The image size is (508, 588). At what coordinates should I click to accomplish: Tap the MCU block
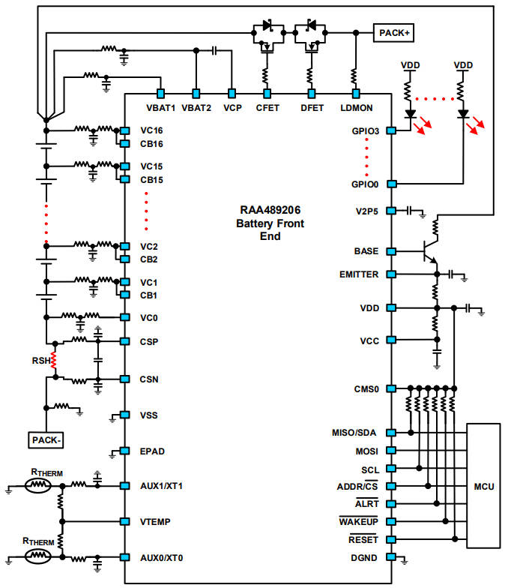[x=483, y=485]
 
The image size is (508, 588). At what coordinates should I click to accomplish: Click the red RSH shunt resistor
[x=54, y=361]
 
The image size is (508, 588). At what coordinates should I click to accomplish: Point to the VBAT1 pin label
[x=160, y=107]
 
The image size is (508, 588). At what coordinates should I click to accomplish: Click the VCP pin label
[x=232, y=107]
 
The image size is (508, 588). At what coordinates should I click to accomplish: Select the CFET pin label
[x=267, y=107]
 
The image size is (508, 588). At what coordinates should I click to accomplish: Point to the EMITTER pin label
[x=359, y=274]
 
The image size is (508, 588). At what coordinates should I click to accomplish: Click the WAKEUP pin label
[x=359, y=521]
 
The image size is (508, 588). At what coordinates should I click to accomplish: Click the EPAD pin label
[x=152, y=451]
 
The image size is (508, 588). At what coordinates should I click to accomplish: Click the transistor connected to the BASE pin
[x=430, y=250]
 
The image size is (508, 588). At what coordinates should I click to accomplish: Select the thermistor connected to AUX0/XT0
[x=37, y=557]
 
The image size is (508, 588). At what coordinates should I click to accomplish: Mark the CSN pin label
[x=150, y=379]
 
